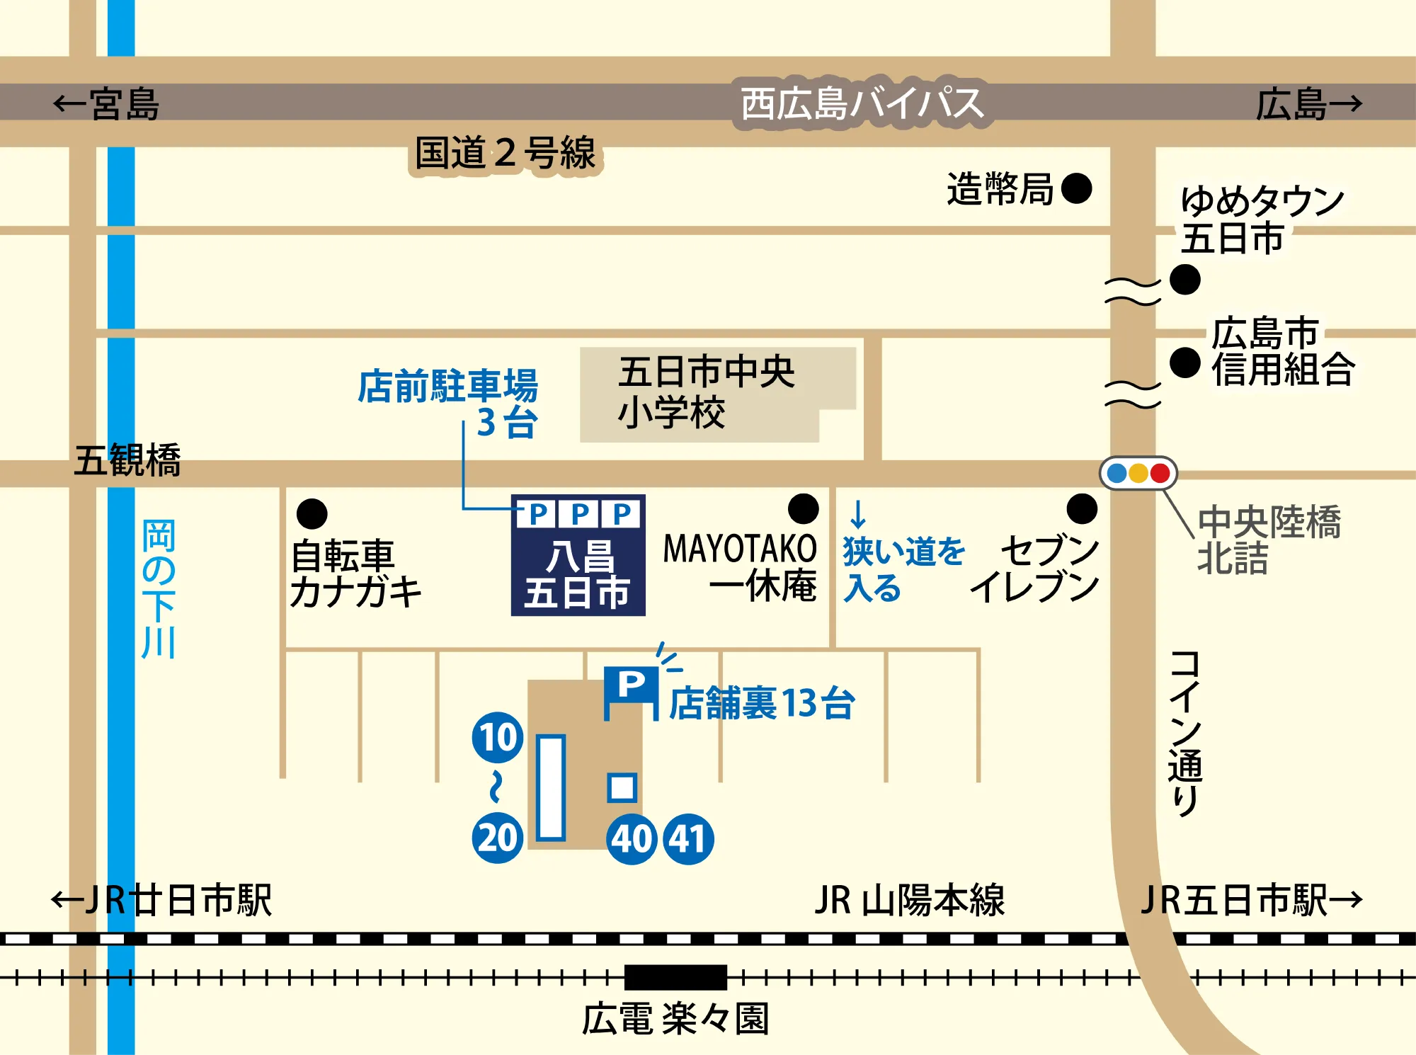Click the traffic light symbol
pyautogui.click(x=1138, y=473)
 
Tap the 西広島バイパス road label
pyautogui.click(x=862, y=103)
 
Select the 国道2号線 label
pyautogui.click(x=505, y=154)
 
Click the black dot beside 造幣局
pyautogui.click(x=1076, y=188)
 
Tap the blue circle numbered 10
pyautogui.click(x=498, y=737)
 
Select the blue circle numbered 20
pyautogui.click(x=498, y=838)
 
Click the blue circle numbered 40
pyautogui.click(x=632, y=839)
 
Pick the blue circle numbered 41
pyautogui.click(x=687, y=839)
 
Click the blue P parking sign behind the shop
pyautogui.click(x=631, y=685)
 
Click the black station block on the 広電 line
pyautogui.click(x=675, y=977)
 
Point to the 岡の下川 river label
pyautogui.click(x=159, y=588)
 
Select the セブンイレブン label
pyautogui.click(x=1035, y=569)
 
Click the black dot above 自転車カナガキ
pyautogui.click(x=312, y=513)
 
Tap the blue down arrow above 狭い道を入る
pyautogui.click(x=858, y=514)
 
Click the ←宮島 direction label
pyautogui.click(x=106, y=104)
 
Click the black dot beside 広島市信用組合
pyautogui.click(x=1184, y=363)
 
